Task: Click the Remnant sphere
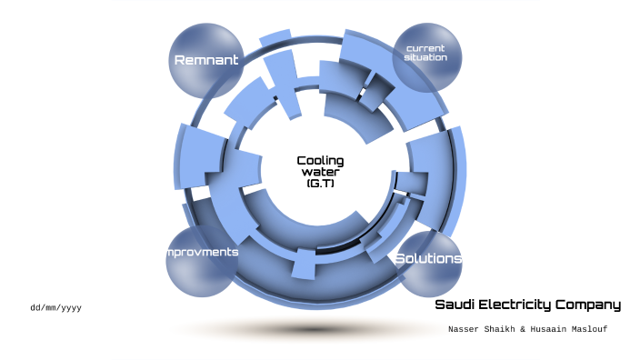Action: pyautogui.click(x=207, y=73)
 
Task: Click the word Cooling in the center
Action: pyautogui.click(x=320, y=161)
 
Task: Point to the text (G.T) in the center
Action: pyautogui.click(x=320, y=183)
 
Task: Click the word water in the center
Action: pyautogui.click(x=320, y=172)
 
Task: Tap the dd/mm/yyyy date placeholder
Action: pyautogui.click(x=55, y=308)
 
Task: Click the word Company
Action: pyautogui.click(x=593, y=305)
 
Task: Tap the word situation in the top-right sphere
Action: pyautogui.click(x=426, y=57)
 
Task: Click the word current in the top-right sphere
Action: pyautogui.click(x=426, y=47)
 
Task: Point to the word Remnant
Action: pyautogui.click(x=206, y=60)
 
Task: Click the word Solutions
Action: pyautogui.click(x=428, y=259)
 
